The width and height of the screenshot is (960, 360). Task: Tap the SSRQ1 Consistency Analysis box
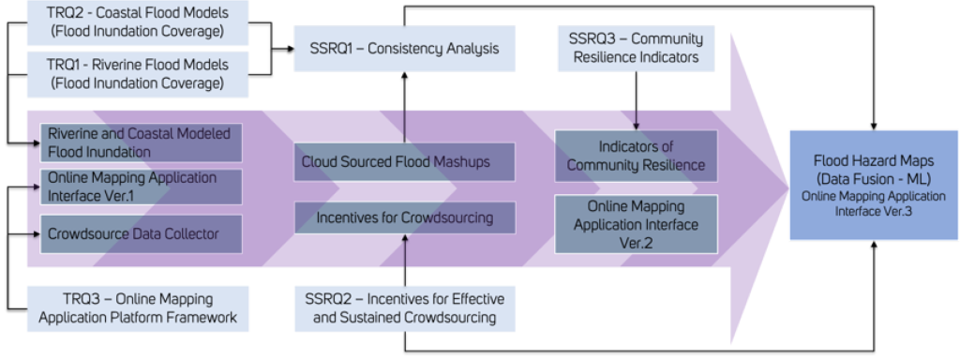(x=403, y=48)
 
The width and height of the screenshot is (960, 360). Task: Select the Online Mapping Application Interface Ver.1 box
(x=141, y=185)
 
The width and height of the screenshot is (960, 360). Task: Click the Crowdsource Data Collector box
(x=141, y=231)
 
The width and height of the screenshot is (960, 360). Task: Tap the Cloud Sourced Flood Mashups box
(x=404, y=162)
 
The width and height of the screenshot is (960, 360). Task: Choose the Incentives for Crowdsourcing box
(x=404, y=218)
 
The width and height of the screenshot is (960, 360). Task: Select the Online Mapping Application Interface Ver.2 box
(x=637, y=223)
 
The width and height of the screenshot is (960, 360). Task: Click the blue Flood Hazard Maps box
(x=873, y=187)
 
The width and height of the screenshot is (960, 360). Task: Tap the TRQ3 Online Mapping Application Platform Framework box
(x=138, y=307)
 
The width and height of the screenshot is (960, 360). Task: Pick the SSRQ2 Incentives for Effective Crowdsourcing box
(x=404, y=307)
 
